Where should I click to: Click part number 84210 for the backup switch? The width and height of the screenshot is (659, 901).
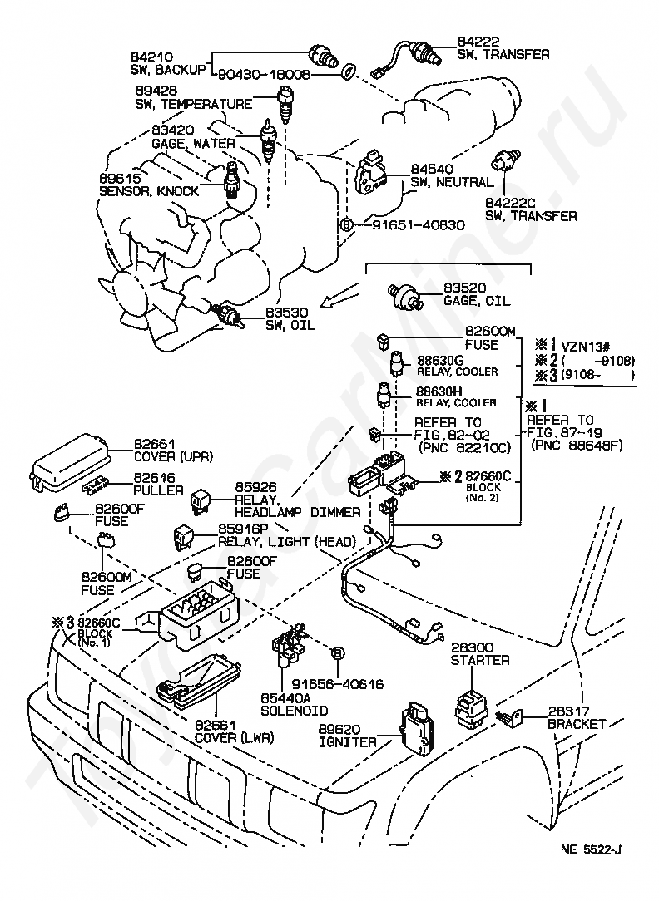tap(151, 57)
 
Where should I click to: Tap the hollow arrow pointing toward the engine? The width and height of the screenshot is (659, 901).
tap(340, 293)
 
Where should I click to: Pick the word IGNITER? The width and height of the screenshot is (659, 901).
tap(347, 742)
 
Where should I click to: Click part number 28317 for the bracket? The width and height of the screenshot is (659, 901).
tap(568, 711)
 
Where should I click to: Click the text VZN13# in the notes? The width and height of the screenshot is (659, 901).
tap(586, 346)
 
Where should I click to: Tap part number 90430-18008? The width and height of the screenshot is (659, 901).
tap(265, 75)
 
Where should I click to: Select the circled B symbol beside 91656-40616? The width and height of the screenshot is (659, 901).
tap(338, 652)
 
